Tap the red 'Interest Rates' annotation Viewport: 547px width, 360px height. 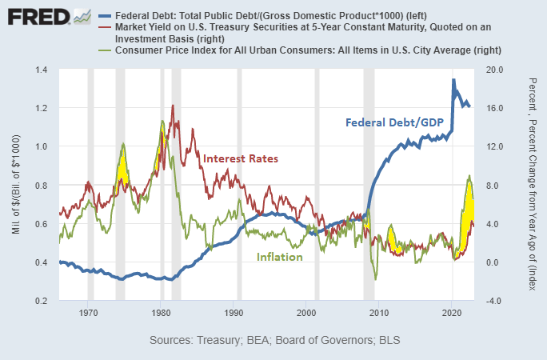[241, 158]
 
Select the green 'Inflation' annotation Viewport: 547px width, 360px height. [279, 257]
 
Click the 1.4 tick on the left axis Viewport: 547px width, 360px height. [40, 70]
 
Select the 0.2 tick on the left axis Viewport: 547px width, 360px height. [40, 301]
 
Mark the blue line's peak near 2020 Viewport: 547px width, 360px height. [453, 80]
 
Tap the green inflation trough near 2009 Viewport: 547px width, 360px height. [376, 278]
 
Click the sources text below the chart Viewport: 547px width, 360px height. [274, 340]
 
